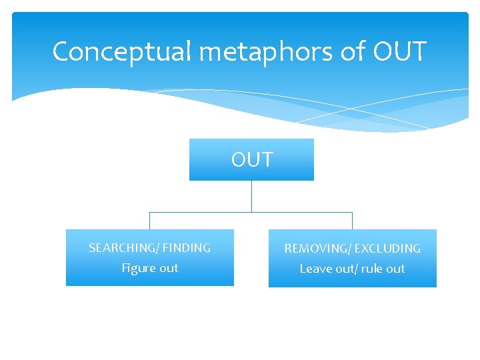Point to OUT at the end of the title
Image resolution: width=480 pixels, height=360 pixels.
pos(400,51)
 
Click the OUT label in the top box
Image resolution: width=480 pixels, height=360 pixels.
pos(252,160)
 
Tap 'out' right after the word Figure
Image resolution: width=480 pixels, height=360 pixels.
pos(169,268)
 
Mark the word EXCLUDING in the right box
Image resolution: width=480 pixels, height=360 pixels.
pos(387,249)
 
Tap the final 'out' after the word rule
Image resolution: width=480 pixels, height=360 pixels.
pos(395,269)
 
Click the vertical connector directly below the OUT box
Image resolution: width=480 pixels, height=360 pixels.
pos(251,196)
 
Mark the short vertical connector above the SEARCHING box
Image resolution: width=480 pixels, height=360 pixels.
pos(150,221)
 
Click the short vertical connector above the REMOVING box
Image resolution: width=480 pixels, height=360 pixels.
pos(352,221)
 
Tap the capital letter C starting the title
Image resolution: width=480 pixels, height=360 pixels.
pos(61,51)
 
